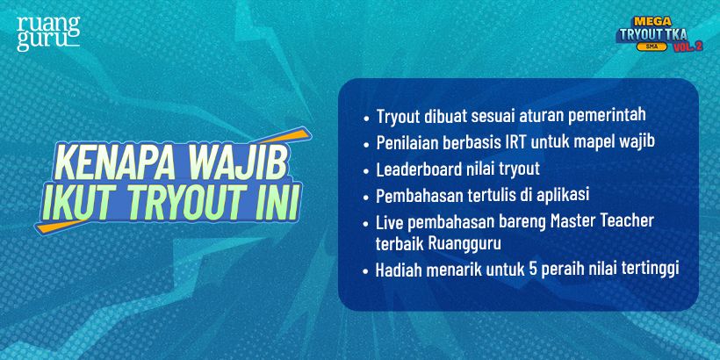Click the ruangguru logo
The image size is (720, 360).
[48, 32]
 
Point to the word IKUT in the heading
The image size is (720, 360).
[82, 205]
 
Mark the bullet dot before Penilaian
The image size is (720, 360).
[366, 142]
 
